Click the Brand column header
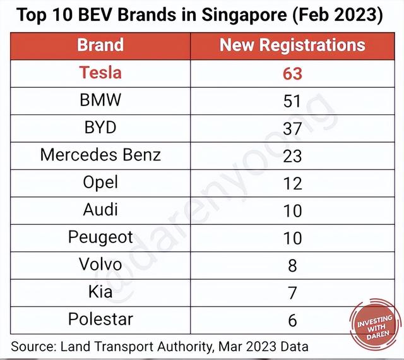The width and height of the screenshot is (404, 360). [100, 45]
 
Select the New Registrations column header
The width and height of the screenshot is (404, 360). [292, 45]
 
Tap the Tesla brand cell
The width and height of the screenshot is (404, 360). [100, 73]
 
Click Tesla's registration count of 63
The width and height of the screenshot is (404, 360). [292, 73]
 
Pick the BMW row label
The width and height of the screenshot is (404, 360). [100, 100]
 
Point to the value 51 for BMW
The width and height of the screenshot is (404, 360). [292, 100]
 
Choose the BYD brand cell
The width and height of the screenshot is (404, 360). [100, 127]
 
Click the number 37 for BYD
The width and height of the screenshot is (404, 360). [292, 128]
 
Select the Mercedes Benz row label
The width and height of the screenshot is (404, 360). [100, 154]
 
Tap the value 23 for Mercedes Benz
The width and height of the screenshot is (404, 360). [292, 155]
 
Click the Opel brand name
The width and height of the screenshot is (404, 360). [100, 182]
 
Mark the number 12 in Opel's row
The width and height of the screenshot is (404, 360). [292, 183]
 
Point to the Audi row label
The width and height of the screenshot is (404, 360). [100, 209]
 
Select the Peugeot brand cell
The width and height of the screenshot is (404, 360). [100, 237]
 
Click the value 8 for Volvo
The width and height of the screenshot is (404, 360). [292, 265]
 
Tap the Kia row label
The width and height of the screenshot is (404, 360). [100, 292]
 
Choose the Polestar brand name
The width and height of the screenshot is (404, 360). [100, 319]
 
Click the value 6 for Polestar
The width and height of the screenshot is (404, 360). [292, 320]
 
